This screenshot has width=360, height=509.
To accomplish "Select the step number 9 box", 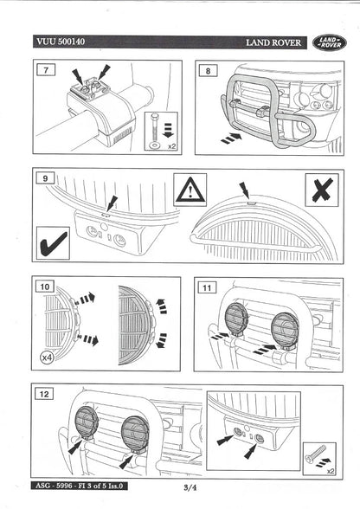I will (x=42, y=179).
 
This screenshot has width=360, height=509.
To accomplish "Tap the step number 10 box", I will (x=45, y=285).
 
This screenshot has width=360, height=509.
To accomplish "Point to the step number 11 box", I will (x=207, y=286).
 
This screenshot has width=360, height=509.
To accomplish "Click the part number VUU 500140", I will (x=60, y=41).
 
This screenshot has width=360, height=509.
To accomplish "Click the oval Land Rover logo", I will (x=330, y=42).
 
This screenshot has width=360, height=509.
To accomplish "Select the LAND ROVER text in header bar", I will (x=273, y=42).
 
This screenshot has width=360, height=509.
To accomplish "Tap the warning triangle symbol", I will (x=190, y=189).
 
